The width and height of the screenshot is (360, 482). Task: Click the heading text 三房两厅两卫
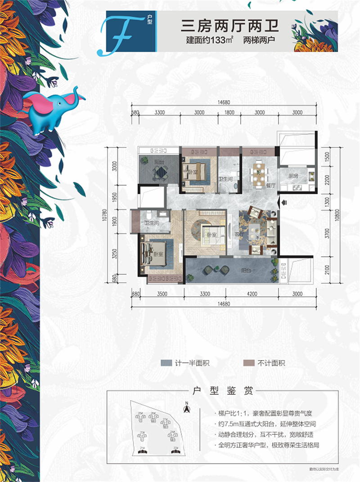(230, 24)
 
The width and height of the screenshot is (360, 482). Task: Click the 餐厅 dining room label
(258, 185)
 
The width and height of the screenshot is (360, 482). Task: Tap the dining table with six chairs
(258, 172)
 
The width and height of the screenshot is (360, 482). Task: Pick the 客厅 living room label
(238, 233)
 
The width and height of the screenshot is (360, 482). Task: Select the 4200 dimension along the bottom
(252, 295)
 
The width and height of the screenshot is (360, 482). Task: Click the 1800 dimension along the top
(229, 113)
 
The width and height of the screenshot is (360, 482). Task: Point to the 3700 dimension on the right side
(328, 234)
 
